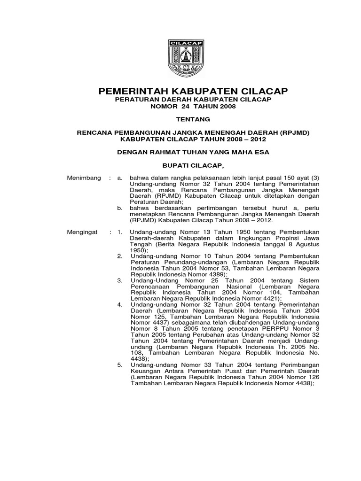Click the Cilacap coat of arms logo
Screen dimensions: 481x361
click(x=180, y=58)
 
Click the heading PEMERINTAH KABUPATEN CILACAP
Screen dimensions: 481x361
click(x=180, y=91)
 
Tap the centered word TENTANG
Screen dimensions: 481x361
click(x=180, y=120)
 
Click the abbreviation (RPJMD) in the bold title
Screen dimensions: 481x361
click(x=294, y=133)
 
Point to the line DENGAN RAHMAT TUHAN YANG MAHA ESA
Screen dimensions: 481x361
click(x=180, y=152)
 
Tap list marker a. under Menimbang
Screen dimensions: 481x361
click(x=120, y=178)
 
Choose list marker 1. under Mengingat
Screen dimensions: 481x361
click(x=120, y=232)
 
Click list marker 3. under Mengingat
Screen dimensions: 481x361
click(x=120, y=278)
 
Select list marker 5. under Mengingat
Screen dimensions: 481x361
click(x=120, y=365)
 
